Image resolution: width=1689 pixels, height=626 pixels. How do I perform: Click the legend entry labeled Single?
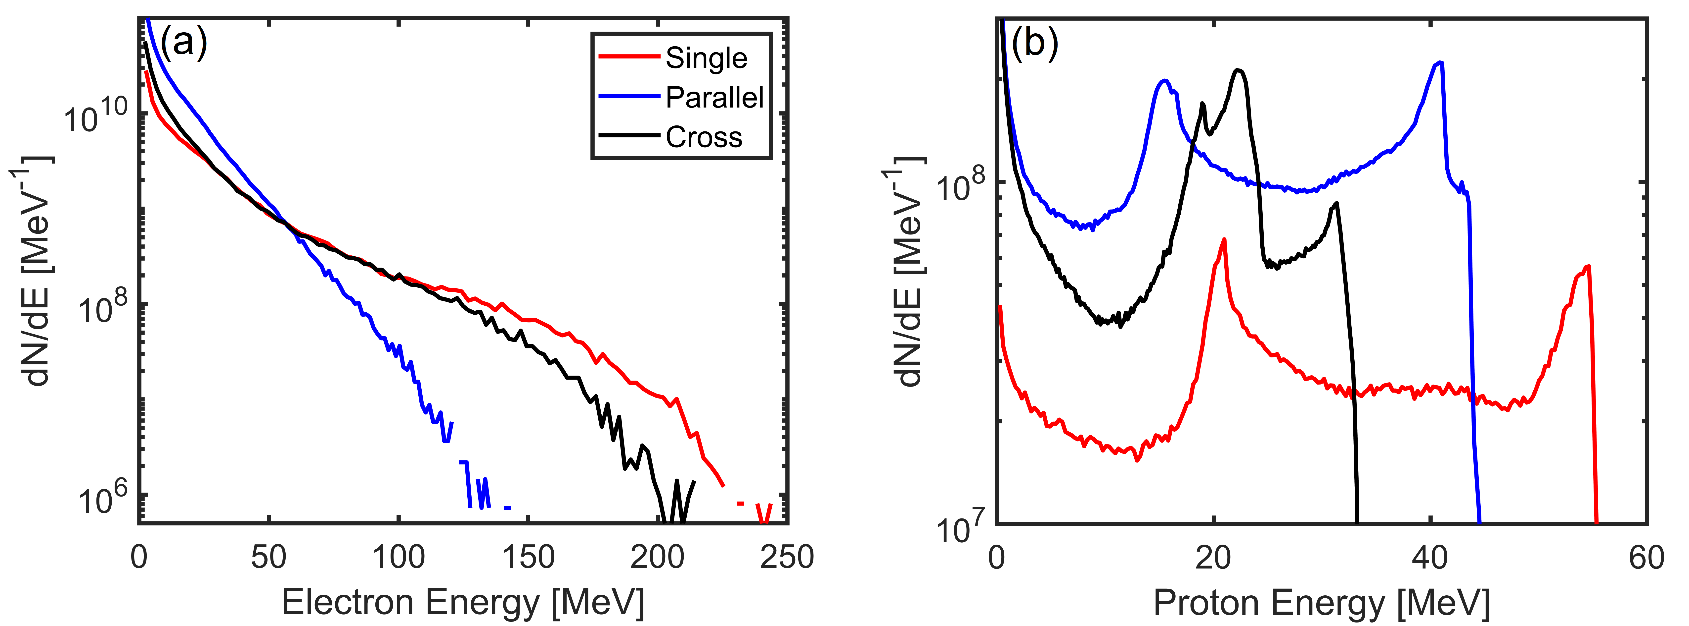click(x=706, y=58)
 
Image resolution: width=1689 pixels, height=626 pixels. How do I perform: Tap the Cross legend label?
click(x=704, y=137)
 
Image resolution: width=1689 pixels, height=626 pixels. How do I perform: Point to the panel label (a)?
click(x=183, y=43)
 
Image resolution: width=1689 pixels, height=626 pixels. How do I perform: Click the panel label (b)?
click(x=1035, y=43)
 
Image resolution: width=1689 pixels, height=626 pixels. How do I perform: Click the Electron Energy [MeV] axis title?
click(x=463, y=602)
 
